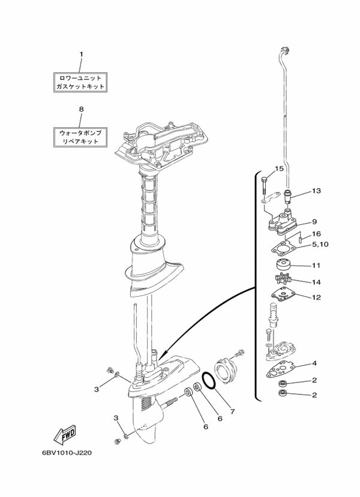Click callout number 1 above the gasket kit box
pyautogui.click(x=81, y=54)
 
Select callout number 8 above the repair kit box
pyautogui.click(x=81, y=109)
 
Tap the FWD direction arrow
pyautogui.click(x=65, y=435)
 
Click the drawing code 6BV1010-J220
pyautogui.click(x=67, y=453)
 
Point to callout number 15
pyautogui.click(x=279, y=168)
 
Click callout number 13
pyautogui.click(x=316, y=191)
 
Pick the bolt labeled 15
pyautogui.click(x=265, y=187)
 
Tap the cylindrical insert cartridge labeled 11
pyautogui.click(x=281, y=264)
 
